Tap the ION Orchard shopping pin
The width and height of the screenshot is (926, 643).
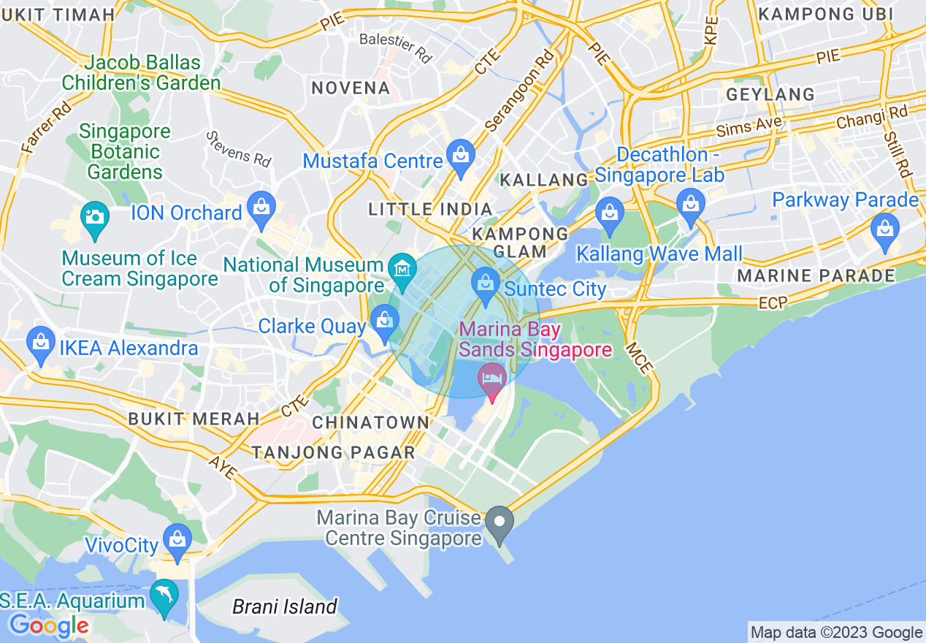coord(261,208)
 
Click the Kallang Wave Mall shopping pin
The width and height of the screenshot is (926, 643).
coord(608,213)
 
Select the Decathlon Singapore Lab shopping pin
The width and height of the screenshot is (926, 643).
coord(690,203)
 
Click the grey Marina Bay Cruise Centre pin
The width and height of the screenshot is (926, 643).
coord(500,523)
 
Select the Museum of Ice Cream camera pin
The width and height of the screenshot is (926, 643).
coord(94,218)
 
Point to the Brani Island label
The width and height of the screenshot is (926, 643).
coord(285,606)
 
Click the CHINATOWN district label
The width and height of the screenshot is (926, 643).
coord(371,422)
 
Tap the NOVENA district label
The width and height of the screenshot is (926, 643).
coord(351,88)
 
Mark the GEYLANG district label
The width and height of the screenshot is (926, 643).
coord(770,94)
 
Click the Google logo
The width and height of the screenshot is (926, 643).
coord(49,625)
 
